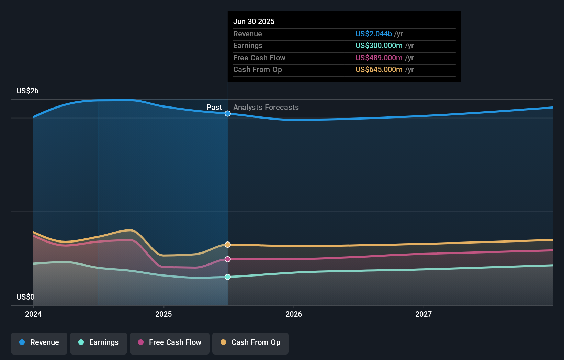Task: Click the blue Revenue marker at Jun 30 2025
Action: [228, 114]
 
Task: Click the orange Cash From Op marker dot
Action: [228, 245]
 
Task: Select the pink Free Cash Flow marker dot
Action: [228, 259]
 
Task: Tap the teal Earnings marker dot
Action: [228, 277]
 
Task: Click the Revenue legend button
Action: [39, 343]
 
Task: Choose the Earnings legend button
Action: [99, 343]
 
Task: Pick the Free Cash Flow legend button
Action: [170, 343]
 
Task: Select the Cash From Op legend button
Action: [250, 343]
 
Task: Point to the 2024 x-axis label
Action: [33, 314]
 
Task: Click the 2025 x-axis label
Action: [163, 314]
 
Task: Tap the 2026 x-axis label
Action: [294, 314]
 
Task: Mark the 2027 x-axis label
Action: [424, 314]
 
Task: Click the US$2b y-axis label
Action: [27, 91]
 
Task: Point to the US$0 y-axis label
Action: [25, 297]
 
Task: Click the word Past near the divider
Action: [214, 108]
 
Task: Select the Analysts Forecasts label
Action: [266, 108]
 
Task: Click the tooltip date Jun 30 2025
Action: [254, 22]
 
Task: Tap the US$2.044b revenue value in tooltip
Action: [373, 34]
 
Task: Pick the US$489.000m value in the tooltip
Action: [379, 58]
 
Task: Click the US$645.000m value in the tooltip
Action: [379, 70]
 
